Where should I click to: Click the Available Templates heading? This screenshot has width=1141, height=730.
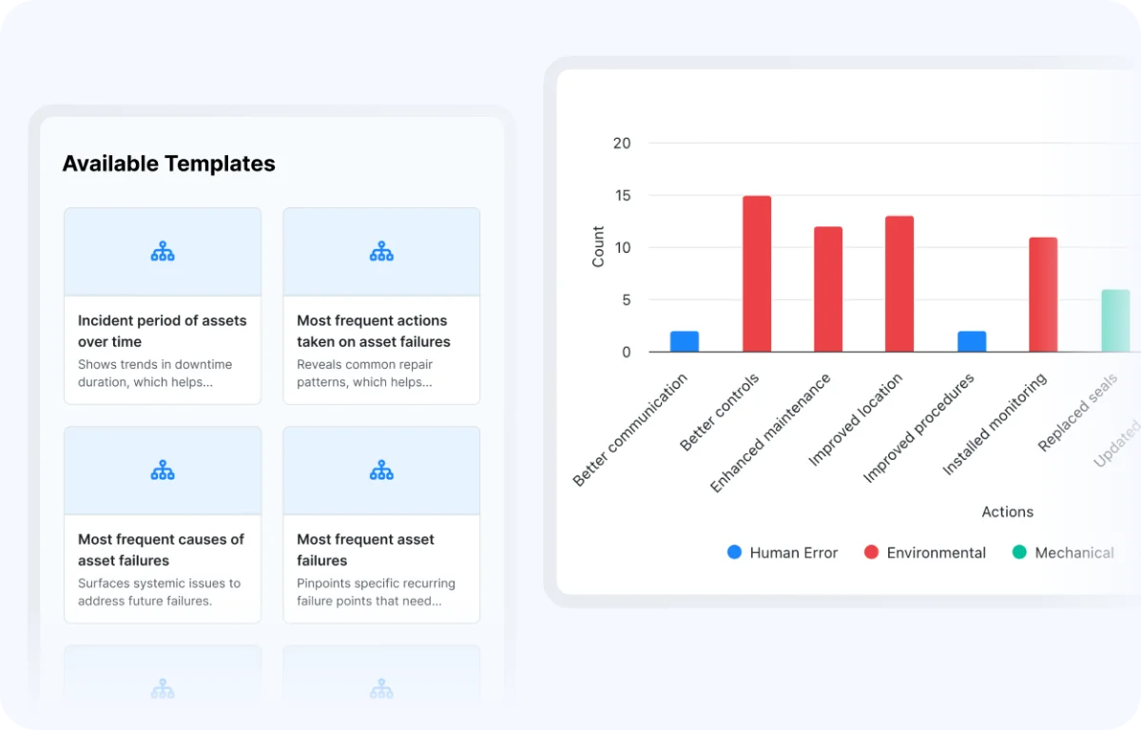[x=168, y=163]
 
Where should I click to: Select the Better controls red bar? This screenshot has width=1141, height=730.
[x=757, y=274]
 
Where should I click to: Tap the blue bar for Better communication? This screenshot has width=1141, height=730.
[x=685, y=341]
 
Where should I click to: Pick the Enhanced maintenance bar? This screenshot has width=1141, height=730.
[x=828, y=289]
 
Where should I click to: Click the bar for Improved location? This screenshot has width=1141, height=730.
[x=899, y=284]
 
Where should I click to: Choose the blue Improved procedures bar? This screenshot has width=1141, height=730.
[x=972, y=341]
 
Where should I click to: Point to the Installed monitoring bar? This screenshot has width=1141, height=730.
[x=1043, y=295]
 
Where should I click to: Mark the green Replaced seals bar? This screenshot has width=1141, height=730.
[x=1115, y=320]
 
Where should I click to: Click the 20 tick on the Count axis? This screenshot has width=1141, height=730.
[x=622, y=144]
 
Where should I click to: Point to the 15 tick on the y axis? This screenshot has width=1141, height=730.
[x=623, y=196]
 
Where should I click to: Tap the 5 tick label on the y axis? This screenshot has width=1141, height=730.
[x=627, y=299]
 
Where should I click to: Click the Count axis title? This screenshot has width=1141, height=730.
[x=598, y=247]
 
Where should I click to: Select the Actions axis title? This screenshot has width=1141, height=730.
[x=1008, y=511]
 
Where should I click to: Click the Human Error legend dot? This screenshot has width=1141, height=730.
[x=734, y=552]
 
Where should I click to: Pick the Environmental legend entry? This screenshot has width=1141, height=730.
[x=925, y=552]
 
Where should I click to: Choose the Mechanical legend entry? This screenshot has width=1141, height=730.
[x=1063, y=552]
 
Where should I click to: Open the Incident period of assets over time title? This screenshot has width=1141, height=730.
[x=162, y=331]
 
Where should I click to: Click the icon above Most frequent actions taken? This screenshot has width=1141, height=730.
[x=381, y=251]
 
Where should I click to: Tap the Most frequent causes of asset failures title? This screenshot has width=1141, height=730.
[x=161, y=549]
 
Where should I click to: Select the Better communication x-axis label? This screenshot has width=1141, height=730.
[x=630, y=431]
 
